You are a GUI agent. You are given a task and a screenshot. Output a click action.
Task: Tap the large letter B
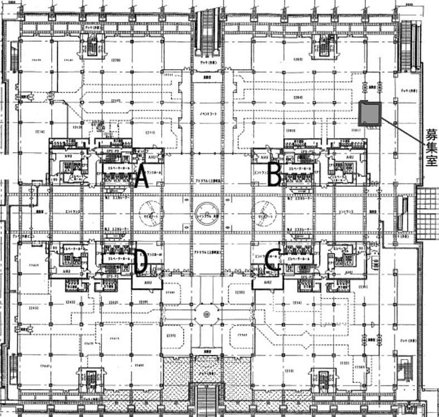coord(274,176)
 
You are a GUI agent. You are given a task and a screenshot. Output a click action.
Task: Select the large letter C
coord(273,261)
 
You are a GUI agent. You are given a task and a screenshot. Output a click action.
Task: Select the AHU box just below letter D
coord(147,284)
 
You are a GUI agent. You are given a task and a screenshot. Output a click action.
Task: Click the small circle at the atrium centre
coord(206,213)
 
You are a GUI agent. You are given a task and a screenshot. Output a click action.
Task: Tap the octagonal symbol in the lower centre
coord(206,315)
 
